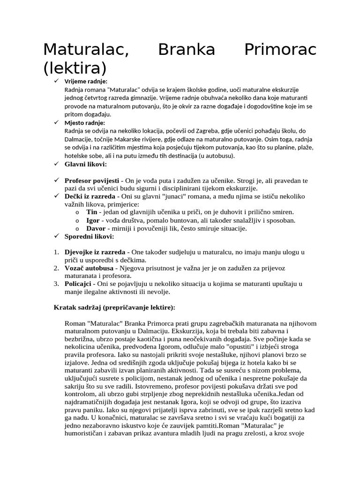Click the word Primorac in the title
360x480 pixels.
[280, 49]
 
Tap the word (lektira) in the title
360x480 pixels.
[75, 68]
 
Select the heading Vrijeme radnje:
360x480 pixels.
[86, 82]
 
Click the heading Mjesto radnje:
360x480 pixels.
[85, 123]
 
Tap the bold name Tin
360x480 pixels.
[92, 212]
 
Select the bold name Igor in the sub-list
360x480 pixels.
[93, 220]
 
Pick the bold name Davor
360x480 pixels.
[96, 228]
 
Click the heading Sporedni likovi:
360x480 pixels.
[89, 236]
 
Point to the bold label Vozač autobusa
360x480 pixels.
[89, 268]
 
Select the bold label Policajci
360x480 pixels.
[79, 284]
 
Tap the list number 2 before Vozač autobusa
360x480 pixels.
[56, 268]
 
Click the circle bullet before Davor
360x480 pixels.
[77, 229]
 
